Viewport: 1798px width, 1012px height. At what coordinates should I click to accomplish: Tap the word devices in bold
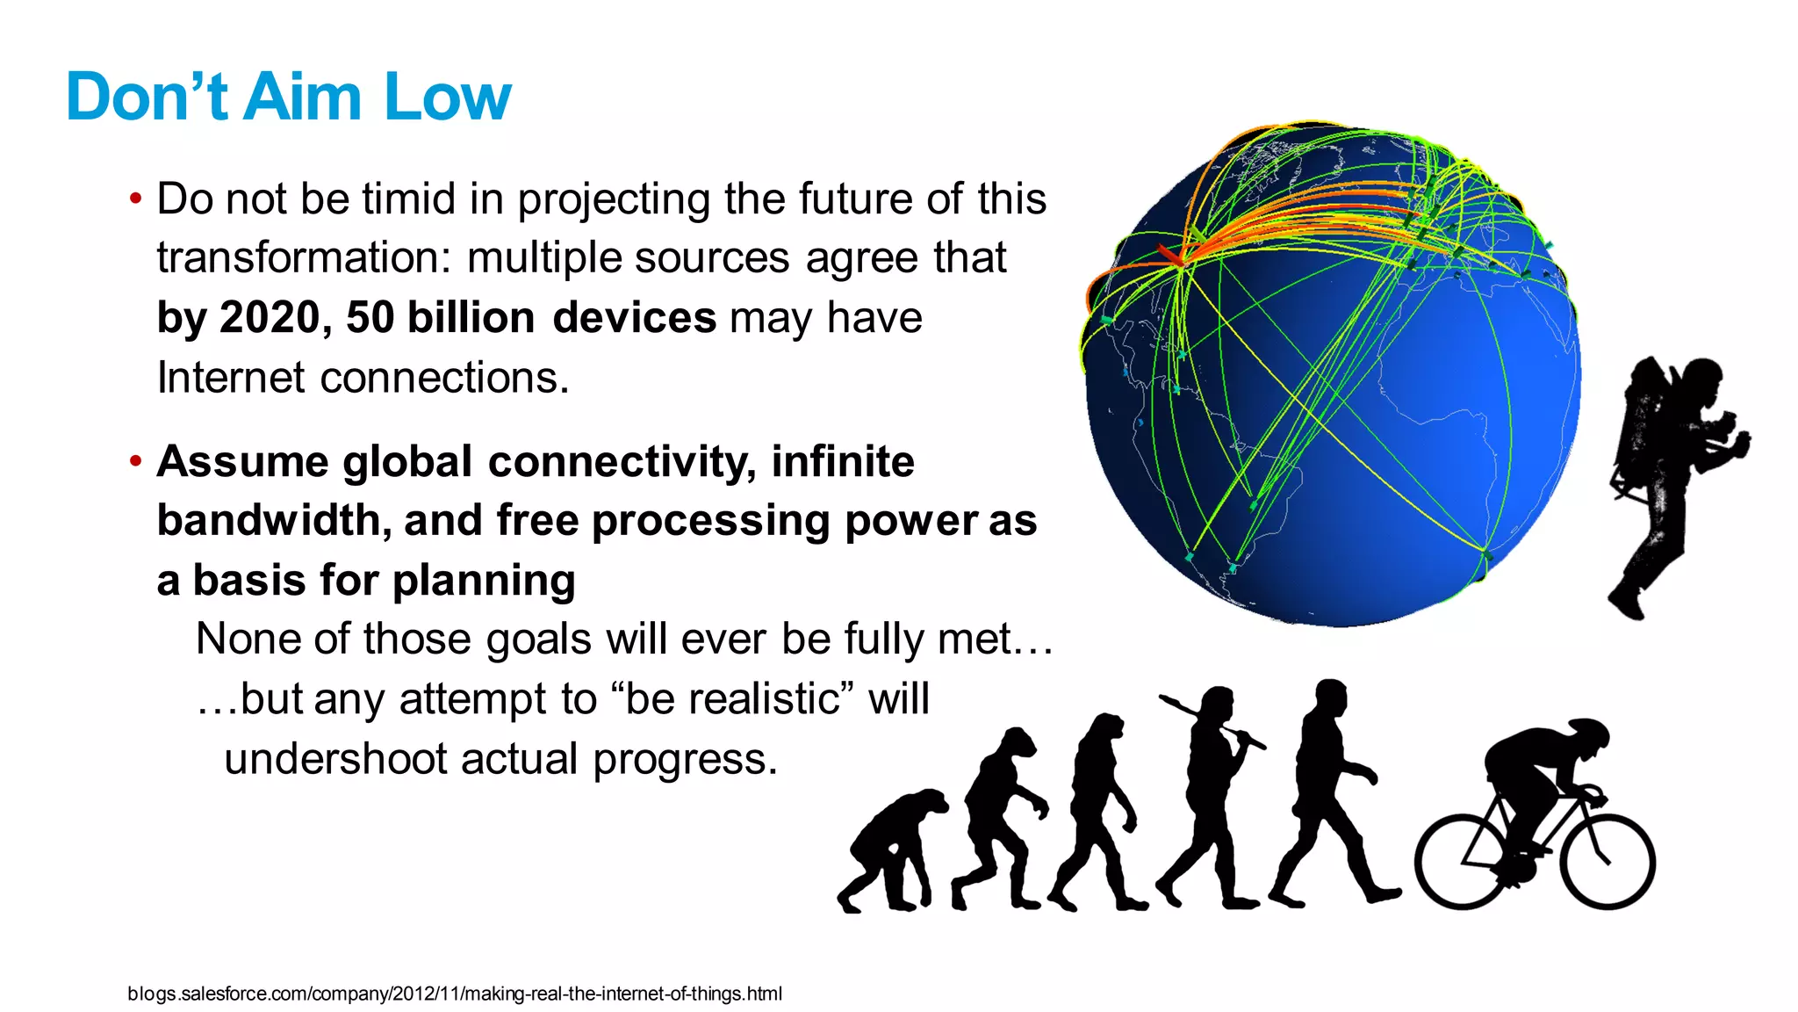[634, 317]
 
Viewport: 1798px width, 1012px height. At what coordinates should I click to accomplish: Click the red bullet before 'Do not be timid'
[135, 199]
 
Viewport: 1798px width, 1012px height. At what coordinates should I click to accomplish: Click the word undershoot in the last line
[334, 759]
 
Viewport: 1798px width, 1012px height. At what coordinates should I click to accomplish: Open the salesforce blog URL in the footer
[454, 994]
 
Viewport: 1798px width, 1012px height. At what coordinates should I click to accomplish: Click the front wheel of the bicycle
[1607, 861]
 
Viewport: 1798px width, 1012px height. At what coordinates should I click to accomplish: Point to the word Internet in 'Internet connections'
[230, 378]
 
